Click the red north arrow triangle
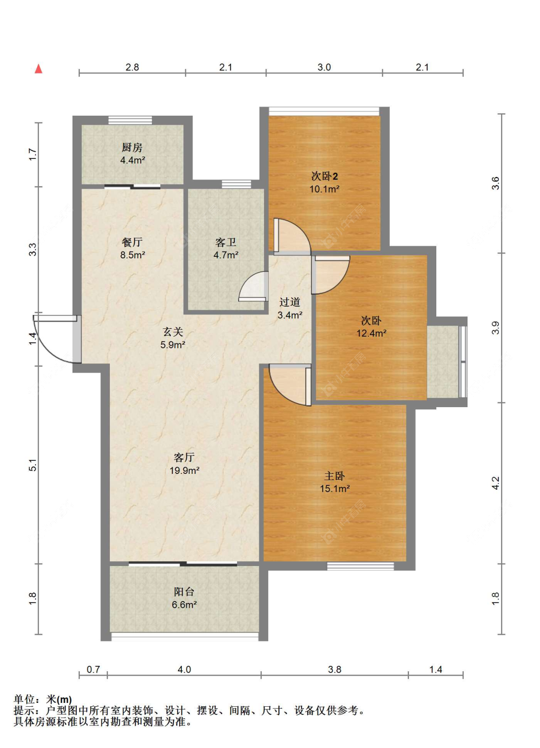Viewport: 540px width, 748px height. click(39, 69)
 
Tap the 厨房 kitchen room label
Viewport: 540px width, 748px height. click(132, 147)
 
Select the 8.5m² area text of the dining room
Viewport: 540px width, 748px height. click(132, 255)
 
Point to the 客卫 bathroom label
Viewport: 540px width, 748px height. click(226, 242)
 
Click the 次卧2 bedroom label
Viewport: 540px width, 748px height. click(324, 176)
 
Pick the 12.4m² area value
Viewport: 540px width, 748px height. click(372, 333)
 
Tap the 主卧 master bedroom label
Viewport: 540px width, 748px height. click(334, 476)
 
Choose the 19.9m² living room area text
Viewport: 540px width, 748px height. click(184, 471)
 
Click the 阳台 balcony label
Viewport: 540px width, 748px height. click(184, 591)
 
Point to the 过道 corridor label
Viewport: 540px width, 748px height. click(290, 302)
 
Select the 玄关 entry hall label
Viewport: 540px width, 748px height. click(173, 332)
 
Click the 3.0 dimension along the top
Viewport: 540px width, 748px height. click(324, 67)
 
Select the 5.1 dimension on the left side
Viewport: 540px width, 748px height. click(32, 465)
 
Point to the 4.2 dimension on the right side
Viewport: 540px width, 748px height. click(495, 483)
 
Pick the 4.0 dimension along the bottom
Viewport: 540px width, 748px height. click(184, 669)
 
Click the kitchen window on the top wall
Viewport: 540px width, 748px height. click(130, 120)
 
